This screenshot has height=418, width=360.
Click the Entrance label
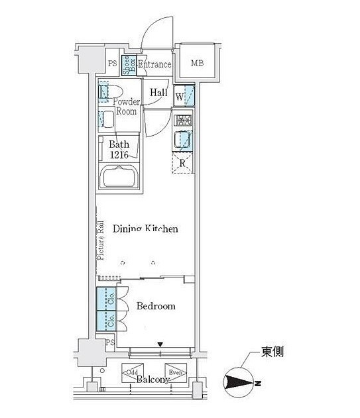(x=154, y=64)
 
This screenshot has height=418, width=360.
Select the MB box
(x=198, y=64)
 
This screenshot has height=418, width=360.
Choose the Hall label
(x=158, y=93)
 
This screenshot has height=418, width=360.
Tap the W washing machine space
(x=184, y=96)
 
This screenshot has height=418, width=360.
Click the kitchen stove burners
(x=184, y=121)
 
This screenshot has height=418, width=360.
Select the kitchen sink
(x=184, y=140)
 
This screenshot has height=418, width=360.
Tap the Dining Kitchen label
(x=145, y=229)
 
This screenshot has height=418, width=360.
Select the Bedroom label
(x=156, y=306)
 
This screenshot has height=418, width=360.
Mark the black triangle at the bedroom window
(x=160, y=344)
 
